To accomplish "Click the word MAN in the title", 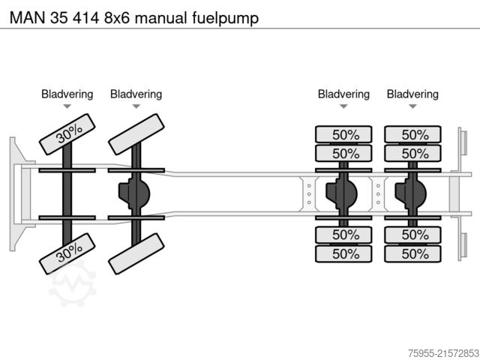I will coord(21,15).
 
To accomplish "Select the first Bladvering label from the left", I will coord(67,94).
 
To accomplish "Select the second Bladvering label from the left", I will coord(136,94).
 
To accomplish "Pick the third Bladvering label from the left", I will coord(343,94).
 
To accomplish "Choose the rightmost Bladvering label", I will coord(412,94).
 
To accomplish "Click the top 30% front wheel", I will coord(67,133).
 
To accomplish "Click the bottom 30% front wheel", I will coord(67,254).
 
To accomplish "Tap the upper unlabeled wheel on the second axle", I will coord(136,133).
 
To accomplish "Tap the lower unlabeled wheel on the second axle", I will coord(136,254).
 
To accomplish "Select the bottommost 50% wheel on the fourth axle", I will coord(412,253).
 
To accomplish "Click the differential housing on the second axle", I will coord(133,193).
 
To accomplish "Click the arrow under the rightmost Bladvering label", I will coord(412,107).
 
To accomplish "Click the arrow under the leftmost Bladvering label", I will coord(67,107).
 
